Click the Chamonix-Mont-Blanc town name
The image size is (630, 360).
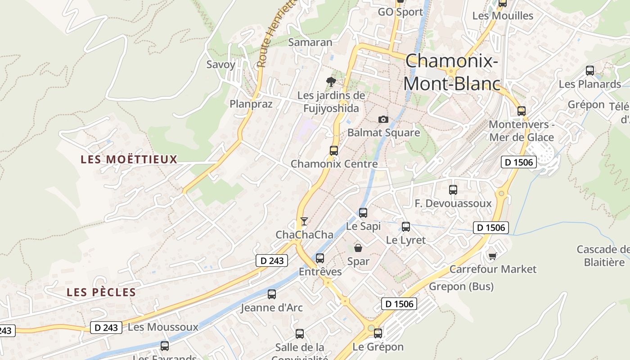pyautogui.click(x=452, y=72)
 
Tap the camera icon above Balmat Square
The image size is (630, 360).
pyautogui.click(x=383, y=119)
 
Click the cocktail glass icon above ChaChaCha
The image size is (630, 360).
pyautogui.click(x=304, y=221)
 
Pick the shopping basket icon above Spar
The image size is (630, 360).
pyautogui.click(x=358, y=247)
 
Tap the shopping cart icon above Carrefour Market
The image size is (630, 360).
pyautogui.click(x=493, y=256)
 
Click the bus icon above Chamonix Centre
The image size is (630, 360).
pyautogui.click(x=334, y=151)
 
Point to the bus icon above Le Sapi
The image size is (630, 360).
pyautogui.click(x=363, y=213)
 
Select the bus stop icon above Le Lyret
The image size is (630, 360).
pyautogui.click(x=406, y=227)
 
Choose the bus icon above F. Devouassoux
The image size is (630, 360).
pyautogui.click(x=453, y=190)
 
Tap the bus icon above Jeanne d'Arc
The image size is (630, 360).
pyautogui.click(x=272, y=294)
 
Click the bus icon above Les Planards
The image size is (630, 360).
pyautogui.click(x=590, y=71)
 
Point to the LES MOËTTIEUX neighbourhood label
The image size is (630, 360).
pyautogui.click(x=129, y=159)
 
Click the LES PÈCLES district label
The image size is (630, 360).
pyautogui.click(x=101, y=292)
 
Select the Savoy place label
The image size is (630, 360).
pyautogui.click(x=220, y=64)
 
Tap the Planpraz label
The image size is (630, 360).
pyautogui.click(x=251, y=104)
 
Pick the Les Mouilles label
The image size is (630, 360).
pyautogui.click(x=503, y=16)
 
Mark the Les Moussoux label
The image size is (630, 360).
pyautogui.click(x=163, y=327)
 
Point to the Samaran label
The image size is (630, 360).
pyautogui.click(x=310, y=42)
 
